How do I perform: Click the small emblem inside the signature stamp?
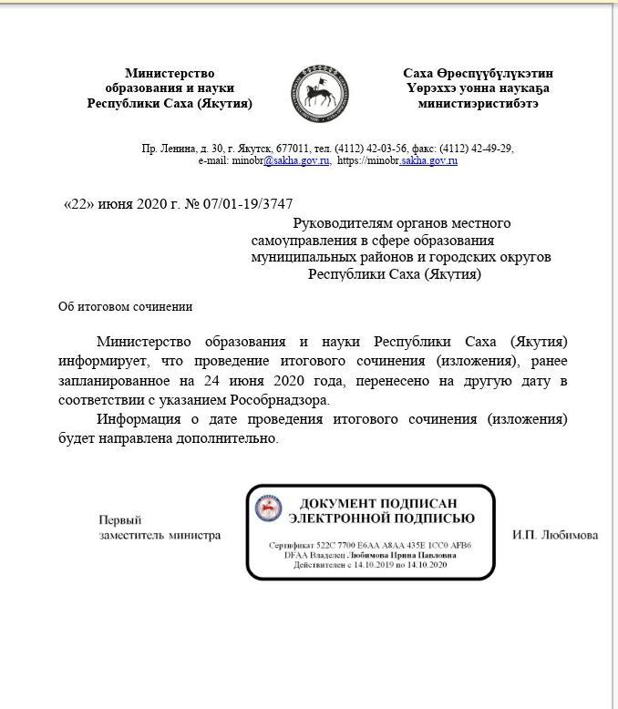coord(267,510)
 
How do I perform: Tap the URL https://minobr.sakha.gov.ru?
coord(397,160)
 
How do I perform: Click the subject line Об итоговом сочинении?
coord(126,307)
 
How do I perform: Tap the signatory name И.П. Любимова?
coord(554,535)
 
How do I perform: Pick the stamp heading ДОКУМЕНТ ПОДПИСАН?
coord(378,504)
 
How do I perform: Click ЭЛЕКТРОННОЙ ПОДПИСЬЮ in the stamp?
coord(381,519)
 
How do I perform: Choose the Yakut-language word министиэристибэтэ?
coord(478,103)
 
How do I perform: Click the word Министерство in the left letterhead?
coord(170,73)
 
